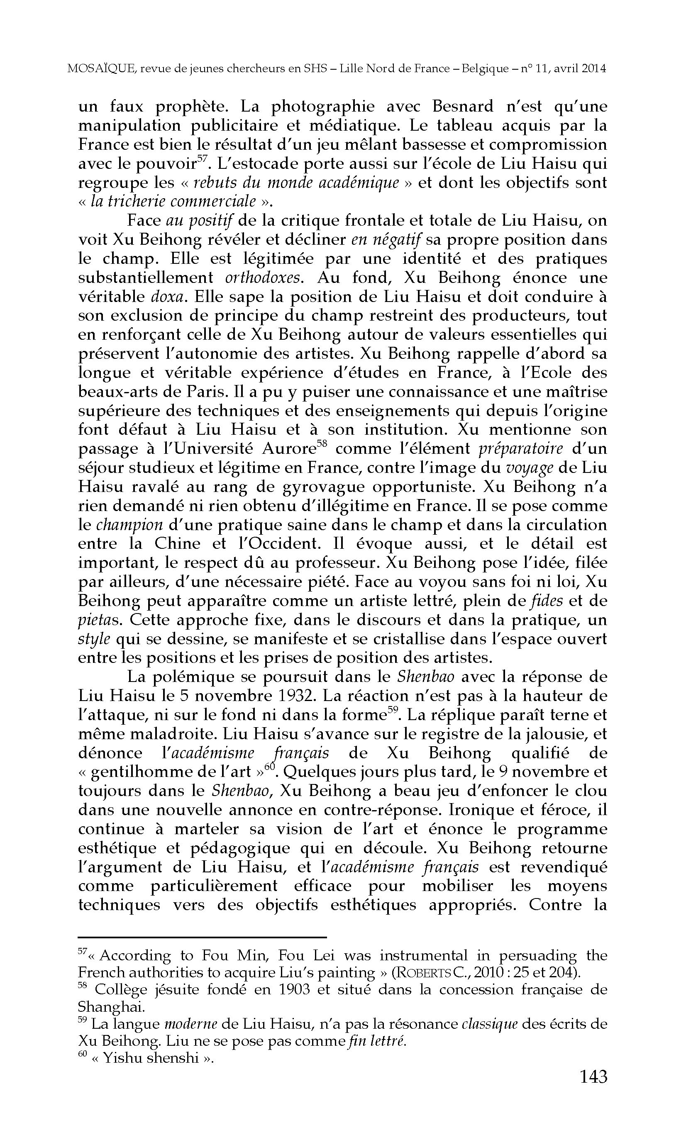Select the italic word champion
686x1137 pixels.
point(129,525)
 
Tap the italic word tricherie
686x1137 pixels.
point(137,202)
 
